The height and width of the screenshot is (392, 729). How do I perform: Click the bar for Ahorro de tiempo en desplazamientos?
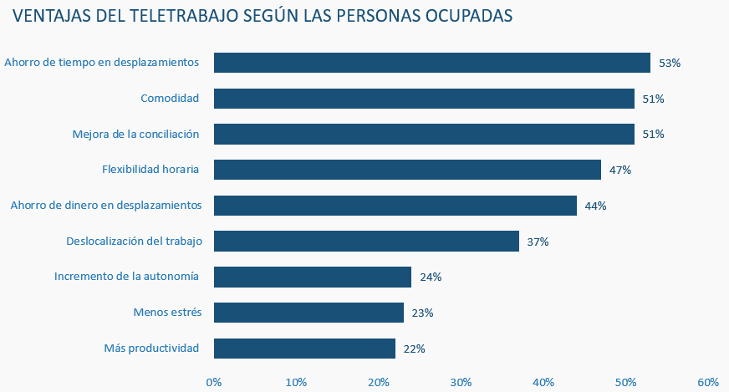(431, 63)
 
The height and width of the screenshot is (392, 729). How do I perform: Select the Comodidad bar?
(424, 99)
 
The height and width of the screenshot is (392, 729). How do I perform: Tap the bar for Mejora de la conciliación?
(424, 134)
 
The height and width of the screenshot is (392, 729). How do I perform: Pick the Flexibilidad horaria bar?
(407, 170)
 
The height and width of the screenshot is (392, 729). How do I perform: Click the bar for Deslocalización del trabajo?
(366, 242)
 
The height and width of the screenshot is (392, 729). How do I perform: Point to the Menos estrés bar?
(308, 313)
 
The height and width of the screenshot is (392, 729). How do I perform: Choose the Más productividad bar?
(304, 348)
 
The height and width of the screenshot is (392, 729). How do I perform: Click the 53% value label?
(670, 63)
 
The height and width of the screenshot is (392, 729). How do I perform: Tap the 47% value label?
(619, 170)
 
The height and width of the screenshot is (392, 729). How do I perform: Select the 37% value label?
(538, 242)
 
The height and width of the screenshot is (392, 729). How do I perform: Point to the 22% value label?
(414, 349)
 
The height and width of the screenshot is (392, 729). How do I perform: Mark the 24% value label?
(431, 277)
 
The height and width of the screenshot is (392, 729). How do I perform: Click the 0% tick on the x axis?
(214, 382)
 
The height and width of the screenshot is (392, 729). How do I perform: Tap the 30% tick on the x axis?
(461, 382)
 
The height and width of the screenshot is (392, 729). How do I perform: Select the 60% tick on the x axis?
(708, 382)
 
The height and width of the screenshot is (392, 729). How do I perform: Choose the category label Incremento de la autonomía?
(126, 277)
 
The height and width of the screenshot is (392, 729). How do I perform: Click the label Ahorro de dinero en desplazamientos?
(105, 205)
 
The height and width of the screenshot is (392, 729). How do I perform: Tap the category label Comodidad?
(170, 99)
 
